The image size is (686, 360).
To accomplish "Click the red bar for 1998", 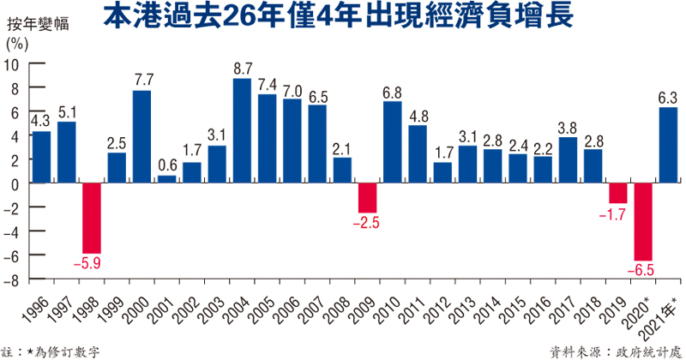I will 92,218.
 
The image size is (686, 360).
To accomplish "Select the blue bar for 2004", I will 243,130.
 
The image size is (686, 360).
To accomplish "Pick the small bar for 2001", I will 167,179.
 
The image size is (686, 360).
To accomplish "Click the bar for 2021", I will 668,145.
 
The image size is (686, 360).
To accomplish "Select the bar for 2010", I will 393,141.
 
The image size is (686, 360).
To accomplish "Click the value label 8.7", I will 243,68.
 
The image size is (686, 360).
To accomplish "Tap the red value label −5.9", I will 92,263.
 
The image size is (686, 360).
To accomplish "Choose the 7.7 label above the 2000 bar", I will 142,80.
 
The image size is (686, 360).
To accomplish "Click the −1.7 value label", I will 617,214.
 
